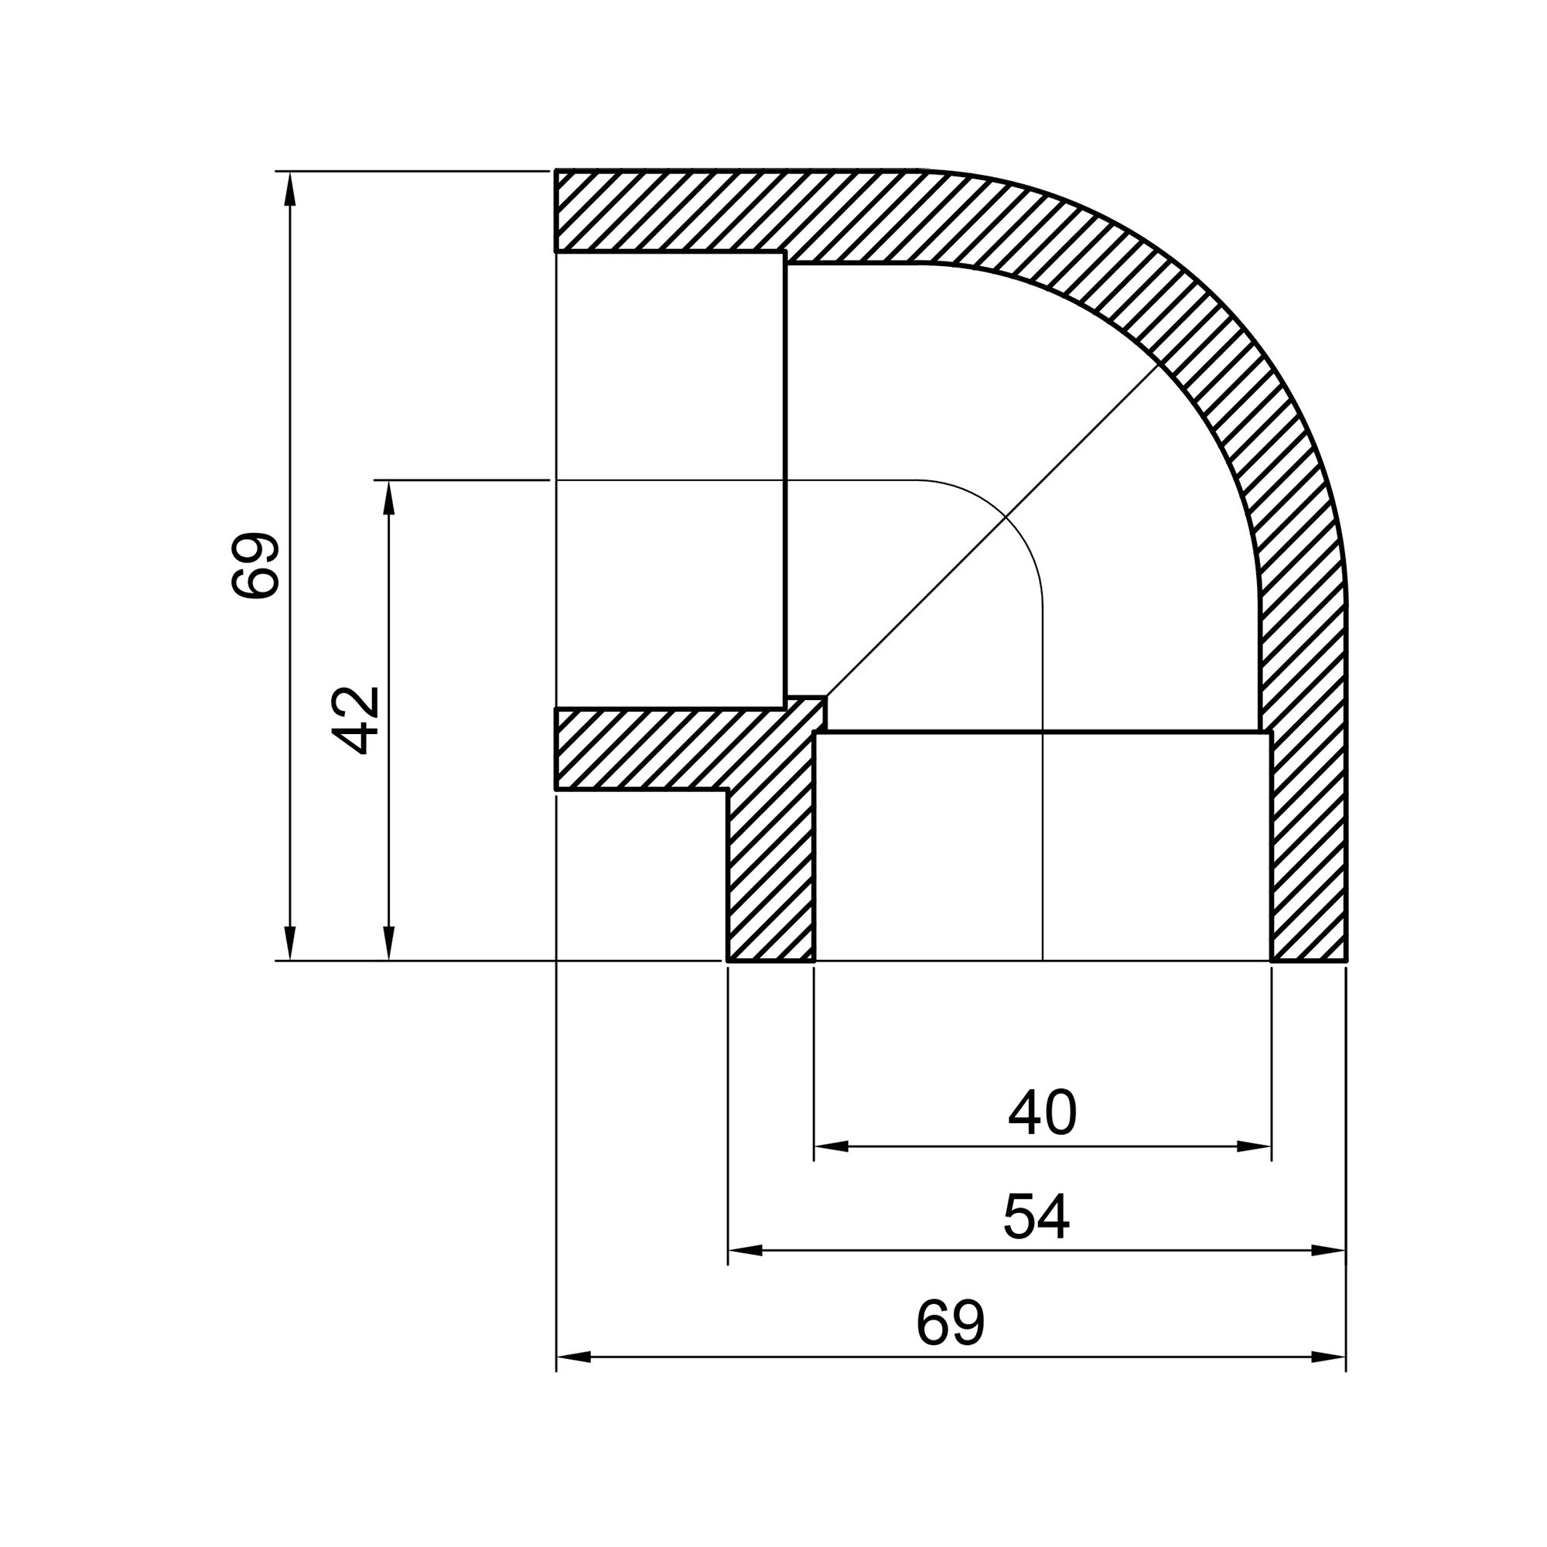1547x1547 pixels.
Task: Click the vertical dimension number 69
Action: pos(254,565)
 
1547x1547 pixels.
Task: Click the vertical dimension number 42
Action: pos(355,721)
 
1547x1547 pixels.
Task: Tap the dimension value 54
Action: pos(1036,1217)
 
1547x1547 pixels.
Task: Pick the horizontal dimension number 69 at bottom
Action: pos(950,1323)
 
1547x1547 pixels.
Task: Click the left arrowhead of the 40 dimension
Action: pos(828,1147)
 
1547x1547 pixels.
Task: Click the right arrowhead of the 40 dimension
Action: pos(1255,1147)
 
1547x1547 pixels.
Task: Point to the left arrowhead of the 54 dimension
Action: pos(744,1250)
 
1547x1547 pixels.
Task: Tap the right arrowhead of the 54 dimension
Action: pos(1329,1250)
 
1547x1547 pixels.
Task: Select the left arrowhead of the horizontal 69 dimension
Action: pos(572,1357)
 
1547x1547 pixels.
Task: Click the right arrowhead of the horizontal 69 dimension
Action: pos(1329,1357)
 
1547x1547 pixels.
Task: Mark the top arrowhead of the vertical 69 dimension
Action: pos(290,189)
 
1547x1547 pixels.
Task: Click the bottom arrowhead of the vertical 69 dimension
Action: pos(290,942)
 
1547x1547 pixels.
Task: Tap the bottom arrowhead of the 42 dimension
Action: pos(389,942)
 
